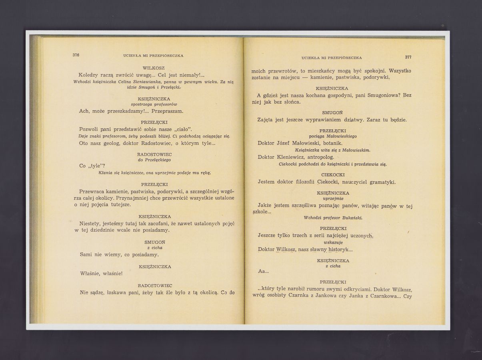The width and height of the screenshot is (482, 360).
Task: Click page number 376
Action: [76, 55]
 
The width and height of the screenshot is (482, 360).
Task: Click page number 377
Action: [408, 57]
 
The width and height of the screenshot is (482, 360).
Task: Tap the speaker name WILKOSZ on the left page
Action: [154, 68]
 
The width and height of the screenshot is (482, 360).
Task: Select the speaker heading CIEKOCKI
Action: [333, 175]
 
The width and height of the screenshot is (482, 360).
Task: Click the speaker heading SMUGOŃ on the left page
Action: [155, 242]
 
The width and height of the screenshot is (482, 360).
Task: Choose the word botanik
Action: [331, 143]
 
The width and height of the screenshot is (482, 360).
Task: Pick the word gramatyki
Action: [382, 182]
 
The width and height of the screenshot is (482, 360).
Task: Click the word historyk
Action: [338, 250]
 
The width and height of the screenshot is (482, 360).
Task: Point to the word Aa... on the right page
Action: [264, 271]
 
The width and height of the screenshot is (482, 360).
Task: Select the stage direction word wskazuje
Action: [333, 242]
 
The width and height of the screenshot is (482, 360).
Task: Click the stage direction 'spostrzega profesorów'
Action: [154, 104]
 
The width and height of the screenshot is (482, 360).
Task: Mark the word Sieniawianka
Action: [150, 82]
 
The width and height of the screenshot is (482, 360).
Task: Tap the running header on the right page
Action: [332, 58]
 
